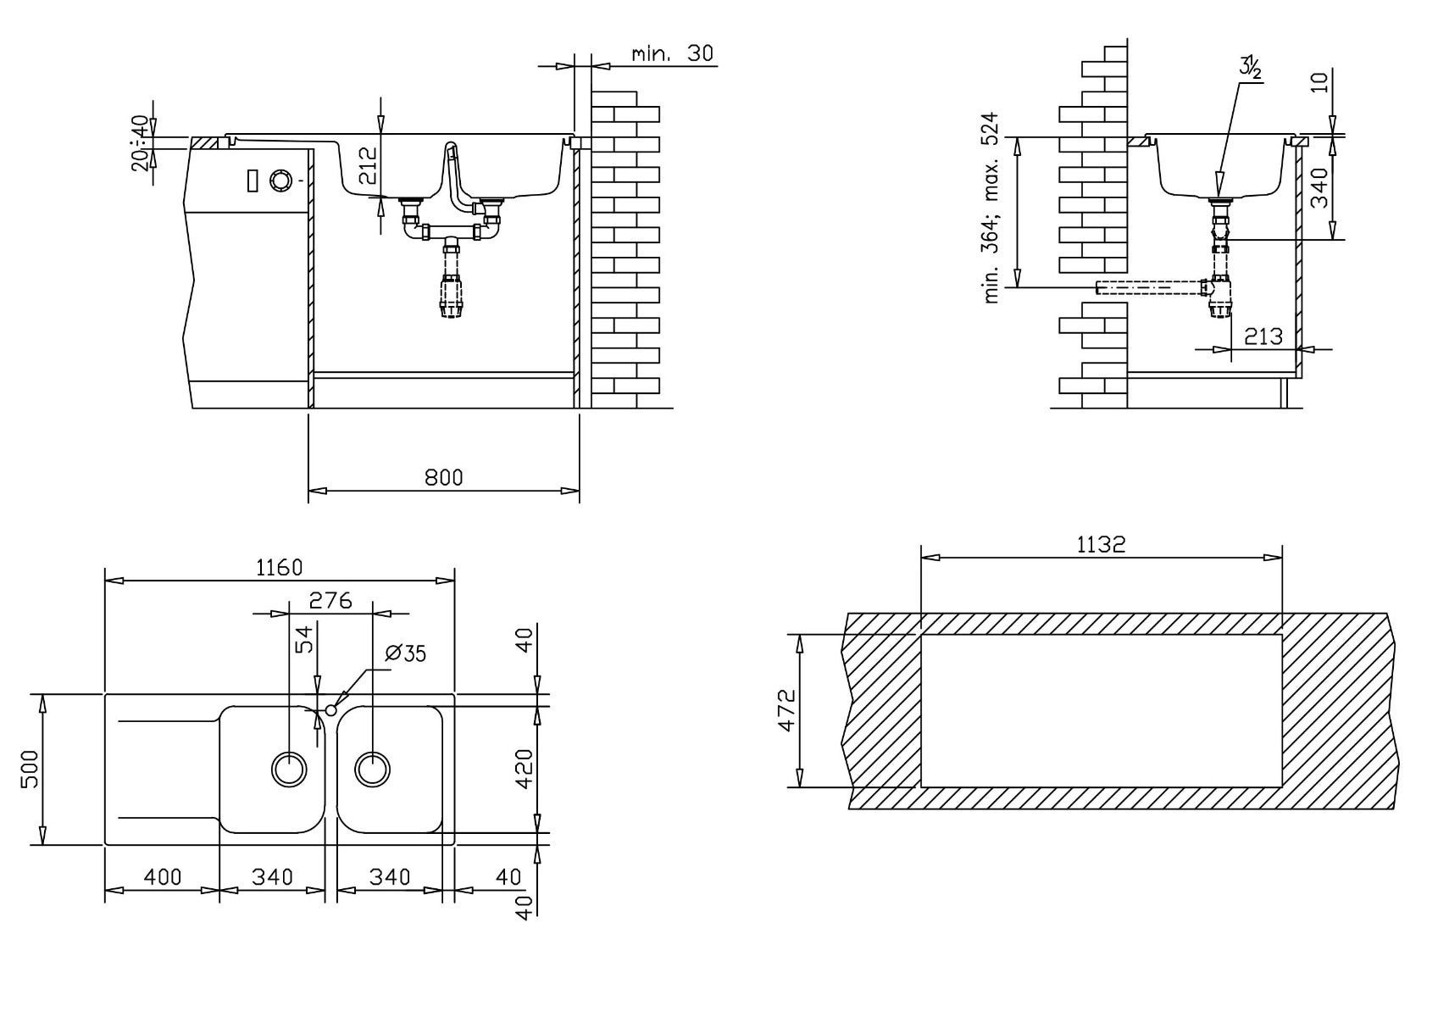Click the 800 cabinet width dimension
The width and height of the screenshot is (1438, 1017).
click(x=443, y=478)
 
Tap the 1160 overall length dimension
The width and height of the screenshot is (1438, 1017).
click(x=279, y=568)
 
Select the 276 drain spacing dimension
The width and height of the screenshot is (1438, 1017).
click(x=330, y=600)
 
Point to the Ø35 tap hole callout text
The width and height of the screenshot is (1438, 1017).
click(x=405, y=653)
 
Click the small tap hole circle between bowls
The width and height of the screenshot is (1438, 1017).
click(x=331, y=709)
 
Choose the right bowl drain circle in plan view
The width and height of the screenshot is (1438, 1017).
click(x=372, y=769)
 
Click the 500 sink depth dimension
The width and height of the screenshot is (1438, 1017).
click(x=31, y=770)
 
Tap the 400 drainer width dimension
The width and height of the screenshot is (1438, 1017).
click(x=163, y=876)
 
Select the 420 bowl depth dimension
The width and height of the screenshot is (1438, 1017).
click(x=525, y=770)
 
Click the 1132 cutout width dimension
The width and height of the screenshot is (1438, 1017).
click(x=1101, y=544)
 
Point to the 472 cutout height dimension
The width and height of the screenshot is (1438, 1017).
click(x=786, y=711)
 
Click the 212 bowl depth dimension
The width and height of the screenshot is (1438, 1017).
click(x=368, y=165)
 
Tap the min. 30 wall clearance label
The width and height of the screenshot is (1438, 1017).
click(x=672, y=53)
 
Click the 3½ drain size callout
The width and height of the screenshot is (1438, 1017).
click(x=1250, y=68)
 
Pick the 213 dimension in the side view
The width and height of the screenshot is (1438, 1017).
click(x=1263, y=336)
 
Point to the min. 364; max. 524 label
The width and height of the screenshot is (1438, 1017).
click(x=991, y=208)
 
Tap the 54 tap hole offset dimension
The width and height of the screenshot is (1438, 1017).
click(x=307, y=640)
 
